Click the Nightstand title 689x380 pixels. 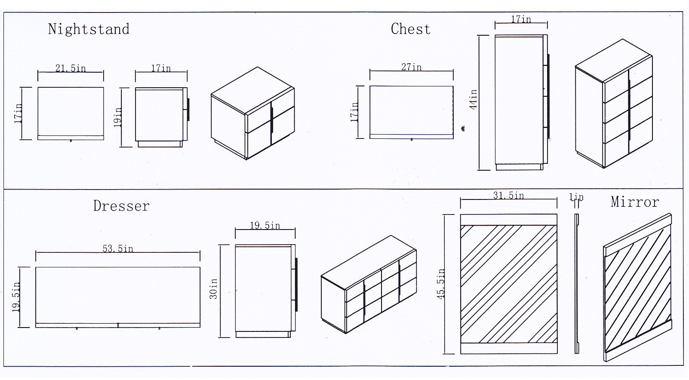click(x=89, y=29)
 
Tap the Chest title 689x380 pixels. click(x=410, y=29)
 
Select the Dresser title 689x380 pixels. click(x=121, y=206)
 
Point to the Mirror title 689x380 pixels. click(x=635, y=202)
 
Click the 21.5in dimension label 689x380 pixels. click(x=71, y=68)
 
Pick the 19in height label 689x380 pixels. click(x=118, y=117)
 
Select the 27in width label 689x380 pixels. click(x=411, y=67)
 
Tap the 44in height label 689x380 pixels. click(x=473, y=100)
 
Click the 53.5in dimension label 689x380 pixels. click(x=117, y=248)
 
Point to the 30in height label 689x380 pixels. click(x=213, y=289)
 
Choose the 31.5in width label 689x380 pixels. click(x=508, y=196)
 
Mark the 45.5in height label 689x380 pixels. click(x=441, y=284)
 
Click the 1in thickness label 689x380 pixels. click(x=576, y=197)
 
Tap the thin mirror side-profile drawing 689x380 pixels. click(x=577, y=284)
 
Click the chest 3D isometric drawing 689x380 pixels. click(x=614, y=103)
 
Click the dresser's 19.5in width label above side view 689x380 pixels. click(x=265, y=226)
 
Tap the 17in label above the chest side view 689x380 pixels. click(x=521, y=20)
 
